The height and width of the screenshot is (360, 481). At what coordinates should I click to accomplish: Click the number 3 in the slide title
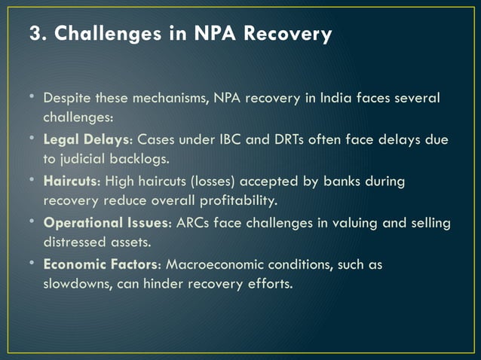coord(34,34)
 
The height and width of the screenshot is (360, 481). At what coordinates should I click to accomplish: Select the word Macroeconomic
coord(213,265)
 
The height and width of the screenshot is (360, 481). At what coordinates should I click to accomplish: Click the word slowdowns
coord(78,284)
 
